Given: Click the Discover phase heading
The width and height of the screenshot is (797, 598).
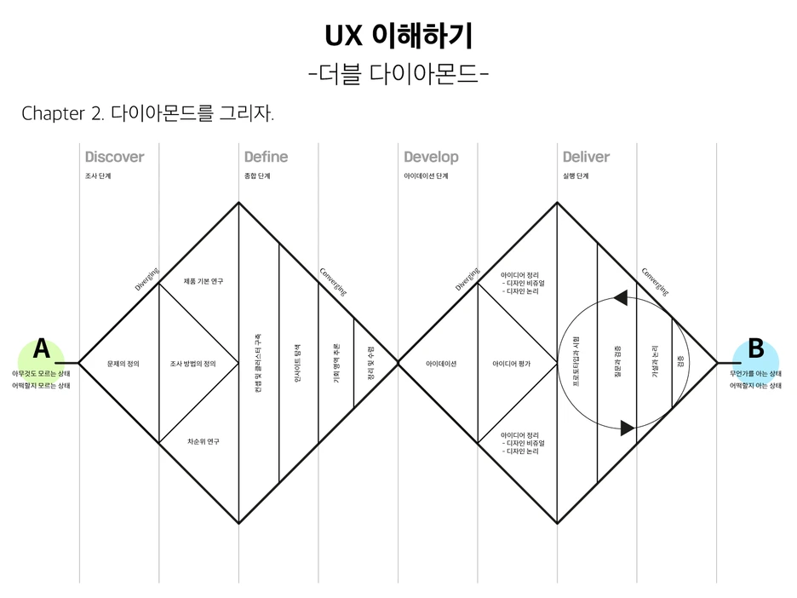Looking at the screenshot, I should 114,157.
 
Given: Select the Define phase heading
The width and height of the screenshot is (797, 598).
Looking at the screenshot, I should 266,157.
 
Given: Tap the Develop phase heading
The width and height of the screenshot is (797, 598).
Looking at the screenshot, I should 431,157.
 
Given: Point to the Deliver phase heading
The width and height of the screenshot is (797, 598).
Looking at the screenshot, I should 586,157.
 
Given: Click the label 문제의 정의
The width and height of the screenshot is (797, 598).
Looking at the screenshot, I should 123,364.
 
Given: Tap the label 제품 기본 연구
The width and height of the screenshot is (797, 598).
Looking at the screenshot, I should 204,281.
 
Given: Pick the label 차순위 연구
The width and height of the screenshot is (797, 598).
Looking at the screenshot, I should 204,441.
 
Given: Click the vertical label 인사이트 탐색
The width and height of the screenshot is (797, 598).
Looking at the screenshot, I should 297,364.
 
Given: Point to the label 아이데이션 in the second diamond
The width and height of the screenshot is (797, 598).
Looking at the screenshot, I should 441,364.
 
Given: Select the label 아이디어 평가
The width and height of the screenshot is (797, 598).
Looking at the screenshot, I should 512,364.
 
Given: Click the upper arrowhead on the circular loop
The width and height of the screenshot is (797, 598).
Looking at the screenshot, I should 620,296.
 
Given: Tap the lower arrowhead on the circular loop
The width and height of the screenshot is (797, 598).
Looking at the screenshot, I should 628,428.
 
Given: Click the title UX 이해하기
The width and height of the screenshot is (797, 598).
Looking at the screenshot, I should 398,36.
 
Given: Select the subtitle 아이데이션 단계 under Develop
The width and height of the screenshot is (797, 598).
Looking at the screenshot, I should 425,176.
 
